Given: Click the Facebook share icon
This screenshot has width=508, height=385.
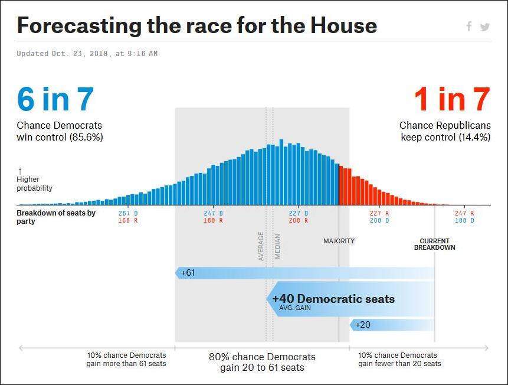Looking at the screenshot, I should tap(469, 26).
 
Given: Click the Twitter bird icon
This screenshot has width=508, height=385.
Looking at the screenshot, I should tap(484, 27).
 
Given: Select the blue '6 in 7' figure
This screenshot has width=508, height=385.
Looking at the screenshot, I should tap(55, 99).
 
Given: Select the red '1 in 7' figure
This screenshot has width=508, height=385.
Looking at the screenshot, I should tap(452, 99).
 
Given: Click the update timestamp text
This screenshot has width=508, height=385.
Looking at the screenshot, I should tap(87, 54).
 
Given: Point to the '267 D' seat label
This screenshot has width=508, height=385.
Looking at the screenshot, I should tap(128, 213).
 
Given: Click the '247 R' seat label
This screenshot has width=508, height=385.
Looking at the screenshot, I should tap(464, 213).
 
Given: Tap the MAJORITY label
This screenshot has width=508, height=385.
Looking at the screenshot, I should tap(339, 241).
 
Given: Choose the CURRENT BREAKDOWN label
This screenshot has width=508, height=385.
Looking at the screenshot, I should tap(434, 244).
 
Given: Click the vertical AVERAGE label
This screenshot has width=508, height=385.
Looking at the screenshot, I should tap(261, 246).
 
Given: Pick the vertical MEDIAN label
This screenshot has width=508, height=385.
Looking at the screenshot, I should tap(277, 247).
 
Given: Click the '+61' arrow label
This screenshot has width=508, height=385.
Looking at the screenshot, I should tap(188, 273).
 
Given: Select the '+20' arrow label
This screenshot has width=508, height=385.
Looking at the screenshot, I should tap(363, 325).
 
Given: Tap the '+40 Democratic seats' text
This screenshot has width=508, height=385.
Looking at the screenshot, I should tap(333, 299).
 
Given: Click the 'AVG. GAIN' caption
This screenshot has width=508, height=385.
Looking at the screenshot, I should tap(295, 308).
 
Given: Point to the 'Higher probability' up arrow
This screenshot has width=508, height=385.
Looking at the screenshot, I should tap(19, 171).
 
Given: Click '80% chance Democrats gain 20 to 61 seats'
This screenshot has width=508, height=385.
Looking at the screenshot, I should tap(262, 362).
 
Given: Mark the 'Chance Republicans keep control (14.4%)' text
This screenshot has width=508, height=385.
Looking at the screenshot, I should tap(444, 131).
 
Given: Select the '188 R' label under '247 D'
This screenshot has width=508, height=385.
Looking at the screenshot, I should tap(213, 220).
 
